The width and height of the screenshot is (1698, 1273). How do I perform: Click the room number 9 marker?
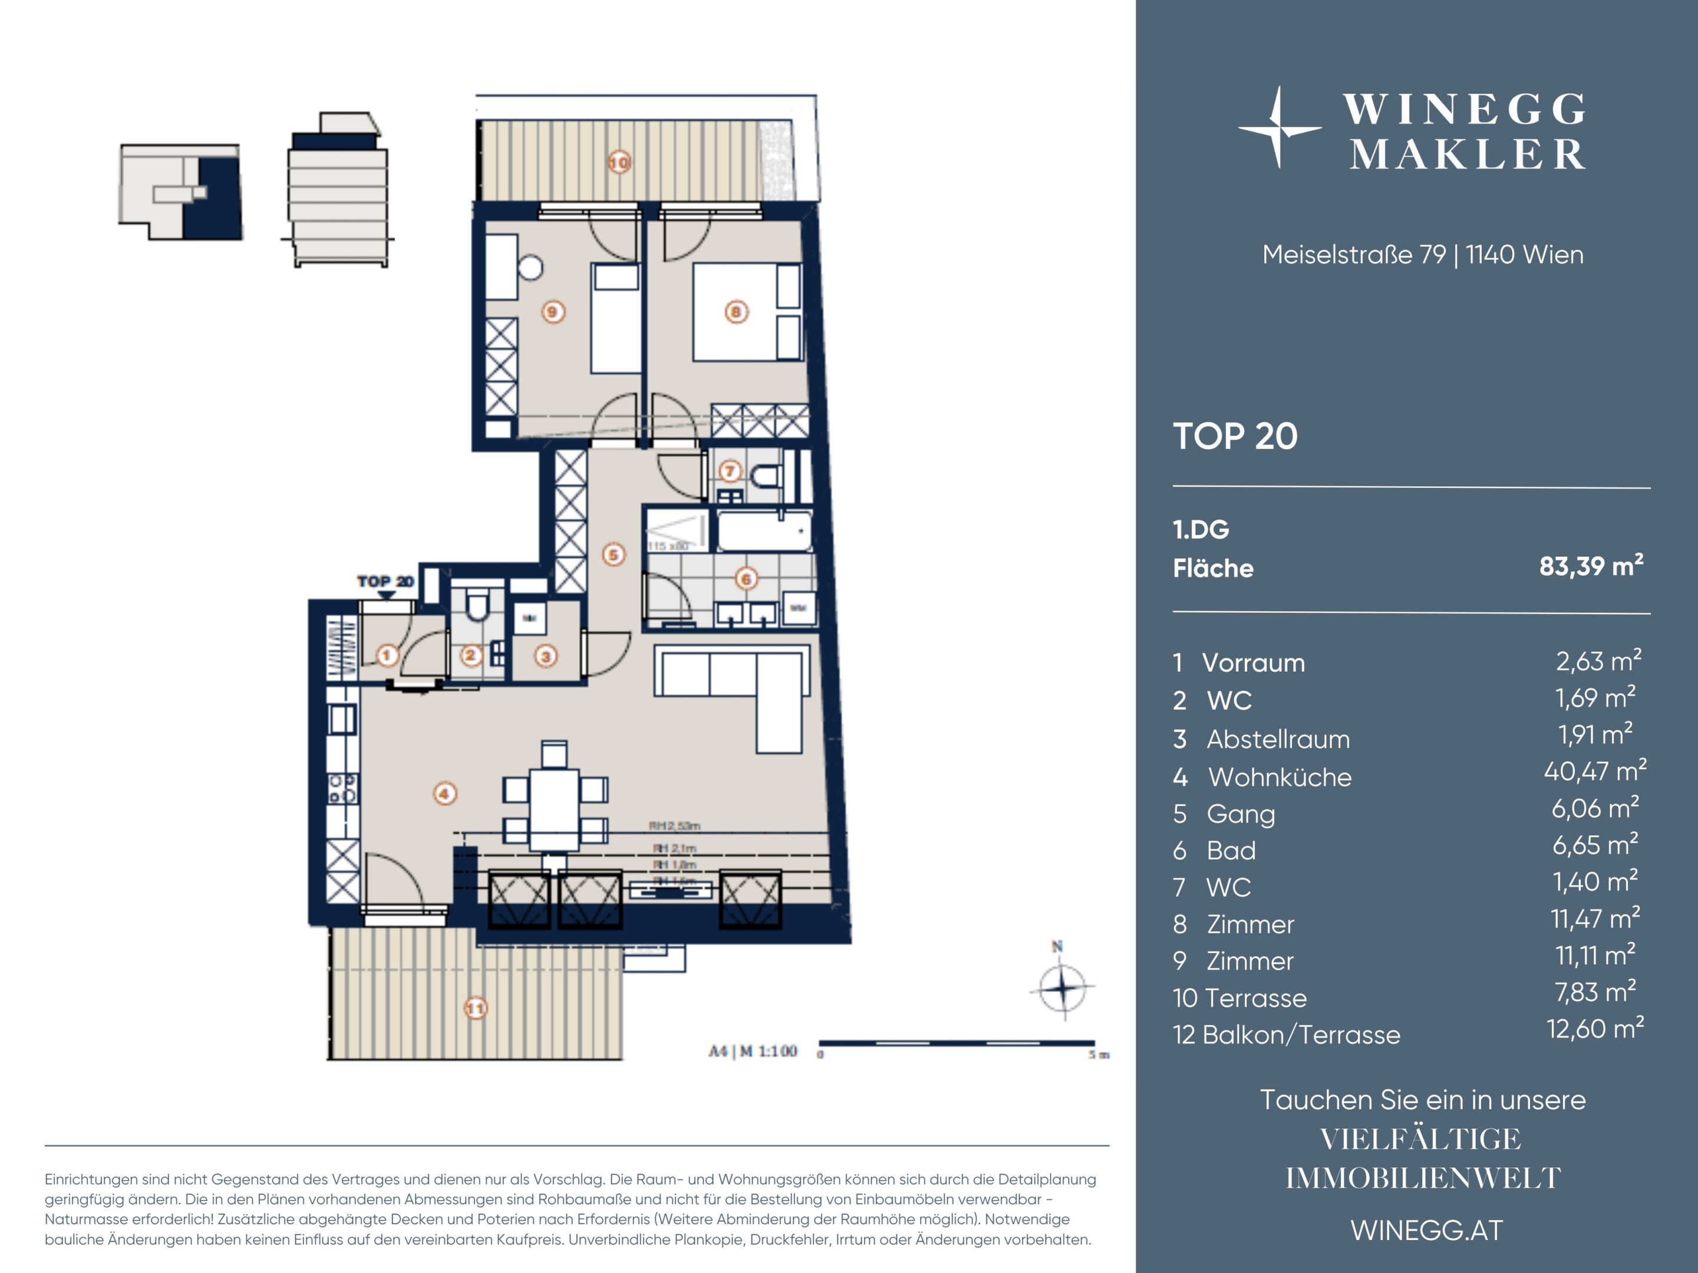click(553, 312)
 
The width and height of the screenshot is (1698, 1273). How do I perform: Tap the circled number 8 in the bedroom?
click(736, 312)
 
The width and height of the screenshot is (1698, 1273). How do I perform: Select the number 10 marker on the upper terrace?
click(619, 163)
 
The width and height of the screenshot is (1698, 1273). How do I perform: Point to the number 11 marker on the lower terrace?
click(476, 1008)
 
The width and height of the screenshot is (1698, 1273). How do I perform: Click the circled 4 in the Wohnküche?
click(445, 793)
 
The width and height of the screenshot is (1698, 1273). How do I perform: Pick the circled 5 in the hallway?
click(614, 555)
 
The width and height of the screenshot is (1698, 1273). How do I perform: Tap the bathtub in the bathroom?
click(764, 530)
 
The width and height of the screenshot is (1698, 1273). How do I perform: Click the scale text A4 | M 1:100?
click(752, 1051)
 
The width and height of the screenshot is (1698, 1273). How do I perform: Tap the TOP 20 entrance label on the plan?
click(385, 581)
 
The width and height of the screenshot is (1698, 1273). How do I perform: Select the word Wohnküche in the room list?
click(1280, 777)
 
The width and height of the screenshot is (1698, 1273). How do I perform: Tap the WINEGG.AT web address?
click(1426, 1230)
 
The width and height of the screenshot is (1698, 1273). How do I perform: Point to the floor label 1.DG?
click(1201, 529)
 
